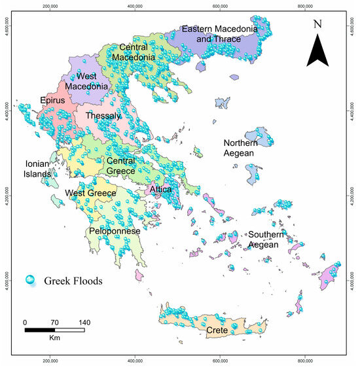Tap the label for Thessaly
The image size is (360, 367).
pos(103,116)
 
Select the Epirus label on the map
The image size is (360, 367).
pos(53,101)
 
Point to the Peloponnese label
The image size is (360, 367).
pos(115,232)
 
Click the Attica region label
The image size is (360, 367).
pos(160,190)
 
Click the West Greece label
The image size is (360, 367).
pos(90,194)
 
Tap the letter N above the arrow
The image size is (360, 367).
pos(317,24)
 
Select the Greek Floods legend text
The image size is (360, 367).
pos(75,281)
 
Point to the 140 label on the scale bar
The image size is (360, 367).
pos(84,323)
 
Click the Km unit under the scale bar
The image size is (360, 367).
pos(55,340)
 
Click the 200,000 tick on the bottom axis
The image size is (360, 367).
pos(50,360)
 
